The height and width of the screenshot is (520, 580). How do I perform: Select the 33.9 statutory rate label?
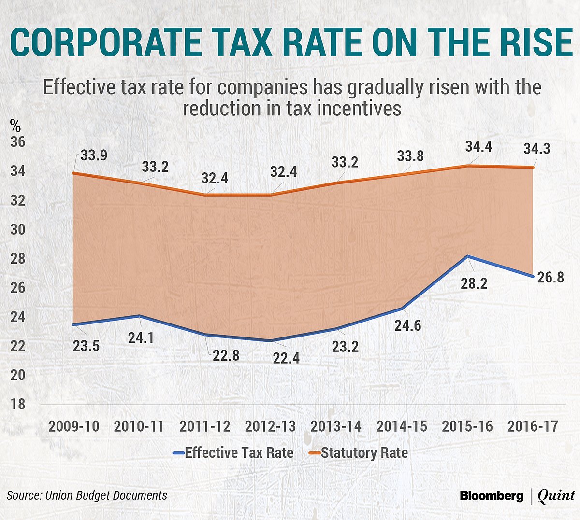pos(94,155)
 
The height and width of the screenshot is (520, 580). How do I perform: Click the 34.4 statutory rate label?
pos(478,146)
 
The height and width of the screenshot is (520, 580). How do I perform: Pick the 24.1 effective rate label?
pos(141,337)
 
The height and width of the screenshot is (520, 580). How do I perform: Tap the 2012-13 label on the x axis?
pos(270,426)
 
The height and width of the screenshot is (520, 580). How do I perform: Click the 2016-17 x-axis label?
pos(533,426)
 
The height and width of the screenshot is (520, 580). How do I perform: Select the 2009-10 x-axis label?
pos(74,426)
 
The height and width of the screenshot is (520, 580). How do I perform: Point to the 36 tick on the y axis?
pos(18,142)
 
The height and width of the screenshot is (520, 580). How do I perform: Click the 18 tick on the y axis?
pos(18,404)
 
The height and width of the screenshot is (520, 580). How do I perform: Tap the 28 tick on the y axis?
pos(18,259)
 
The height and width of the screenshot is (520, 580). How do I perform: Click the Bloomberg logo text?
pos(491,496)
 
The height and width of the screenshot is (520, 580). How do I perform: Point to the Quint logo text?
pos(556,496)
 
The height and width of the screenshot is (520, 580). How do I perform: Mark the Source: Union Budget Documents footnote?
pos(87,495)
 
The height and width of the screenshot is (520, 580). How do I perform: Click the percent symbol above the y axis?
pos(15,126)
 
